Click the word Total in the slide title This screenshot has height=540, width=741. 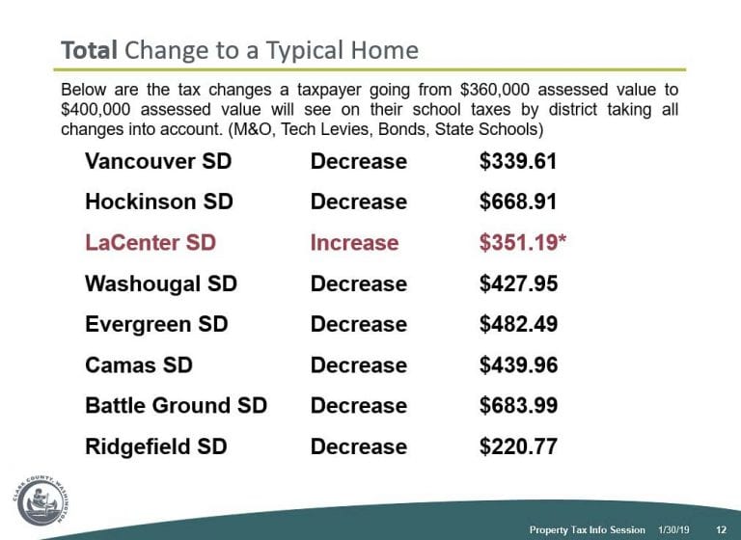pos(90,50)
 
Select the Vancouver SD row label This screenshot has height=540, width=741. pos(158,161)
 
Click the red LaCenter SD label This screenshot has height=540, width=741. pos(151,242)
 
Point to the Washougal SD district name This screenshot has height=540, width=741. pos(161,283)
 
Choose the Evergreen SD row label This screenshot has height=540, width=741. pos(156,324)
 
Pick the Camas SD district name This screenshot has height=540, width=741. pos(139,364)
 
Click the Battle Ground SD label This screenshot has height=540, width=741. pos(176,406)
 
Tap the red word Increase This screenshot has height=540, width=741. pos(354,242)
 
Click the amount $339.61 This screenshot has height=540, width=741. pos(518,161)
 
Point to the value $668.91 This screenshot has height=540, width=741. pos(518,202)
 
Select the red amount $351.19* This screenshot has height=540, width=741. pos(523,242)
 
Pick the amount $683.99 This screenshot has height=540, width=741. pos(518,406)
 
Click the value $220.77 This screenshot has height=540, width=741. pos(518,446)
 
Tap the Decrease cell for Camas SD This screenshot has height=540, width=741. pos(358,364)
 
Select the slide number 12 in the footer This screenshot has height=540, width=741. pos(720,530)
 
